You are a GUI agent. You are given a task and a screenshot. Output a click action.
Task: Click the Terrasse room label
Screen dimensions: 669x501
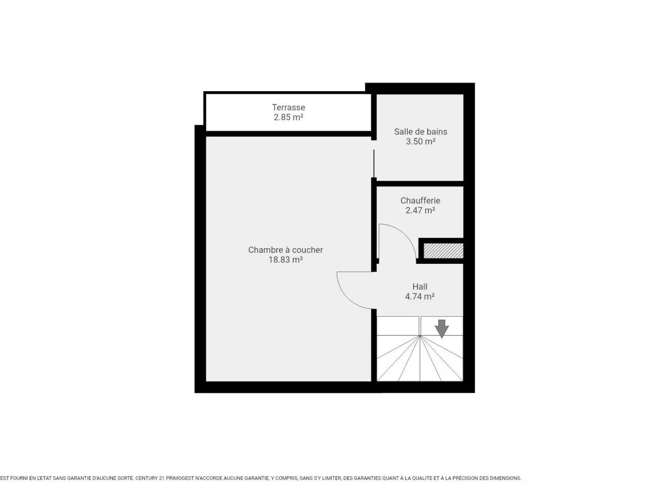point(288,107)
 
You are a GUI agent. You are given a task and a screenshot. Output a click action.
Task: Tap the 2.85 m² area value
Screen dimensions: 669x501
point(288,117)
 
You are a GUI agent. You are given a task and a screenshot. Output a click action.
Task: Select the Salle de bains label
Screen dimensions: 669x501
point(421,132)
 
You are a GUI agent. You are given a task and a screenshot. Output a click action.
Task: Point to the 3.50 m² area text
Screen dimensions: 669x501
point(421,141)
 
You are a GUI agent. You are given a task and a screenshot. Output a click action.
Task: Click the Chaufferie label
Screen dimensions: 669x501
point(421,201)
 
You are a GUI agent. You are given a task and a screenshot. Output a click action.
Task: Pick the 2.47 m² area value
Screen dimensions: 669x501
point(421,210)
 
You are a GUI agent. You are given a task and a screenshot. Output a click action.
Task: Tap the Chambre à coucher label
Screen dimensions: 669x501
point(286,250)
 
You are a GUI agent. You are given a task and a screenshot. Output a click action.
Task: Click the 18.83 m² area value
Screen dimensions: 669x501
point(286,260)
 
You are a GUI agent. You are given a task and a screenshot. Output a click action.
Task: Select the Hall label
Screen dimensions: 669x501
point(420,287)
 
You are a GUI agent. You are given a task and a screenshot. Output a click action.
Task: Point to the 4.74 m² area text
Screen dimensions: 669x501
point(420,296)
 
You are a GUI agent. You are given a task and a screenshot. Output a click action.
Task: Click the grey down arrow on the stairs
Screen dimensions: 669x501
point(442,329)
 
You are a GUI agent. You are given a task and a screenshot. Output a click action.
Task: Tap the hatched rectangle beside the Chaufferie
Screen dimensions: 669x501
point(443,251)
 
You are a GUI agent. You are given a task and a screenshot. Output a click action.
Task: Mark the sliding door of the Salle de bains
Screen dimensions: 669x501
point(374,163)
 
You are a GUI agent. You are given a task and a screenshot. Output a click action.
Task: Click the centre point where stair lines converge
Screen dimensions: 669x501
point(420,336)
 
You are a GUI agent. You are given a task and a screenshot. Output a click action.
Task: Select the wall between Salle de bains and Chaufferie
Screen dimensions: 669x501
point(421,183)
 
